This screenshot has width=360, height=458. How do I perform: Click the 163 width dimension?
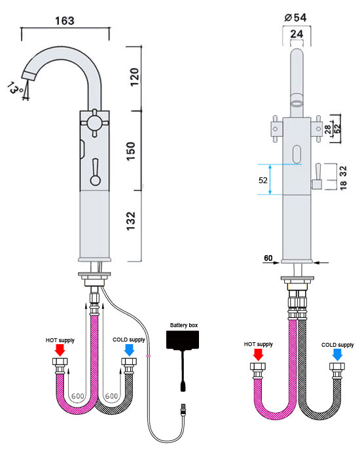(x=64, y=20)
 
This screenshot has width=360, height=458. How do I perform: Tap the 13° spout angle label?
(x=16, y=87)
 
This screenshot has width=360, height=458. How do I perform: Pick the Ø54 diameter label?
(x=297, y=15)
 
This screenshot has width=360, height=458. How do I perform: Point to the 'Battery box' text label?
(x=183, y=325)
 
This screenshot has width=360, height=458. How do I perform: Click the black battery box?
(x=184, y=342)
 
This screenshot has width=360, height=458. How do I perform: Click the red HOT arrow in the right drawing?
(x=258, y=354)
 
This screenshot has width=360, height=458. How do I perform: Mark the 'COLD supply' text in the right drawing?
(x=338, y=344)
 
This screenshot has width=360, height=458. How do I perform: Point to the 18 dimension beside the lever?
(x=343, y=184)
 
